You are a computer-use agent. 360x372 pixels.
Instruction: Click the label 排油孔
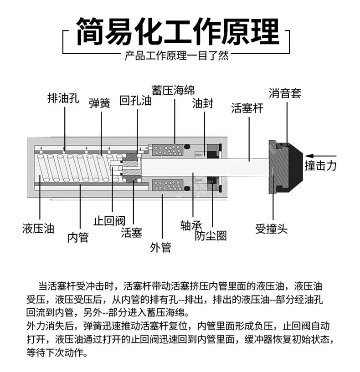point(64,98)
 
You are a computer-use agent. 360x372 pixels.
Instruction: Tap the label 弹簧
point(99,103)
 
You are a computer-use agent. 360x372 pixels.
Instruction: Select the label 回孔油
point(135,101)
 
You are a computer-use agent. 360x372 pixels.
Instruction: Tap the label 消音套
point(285,94)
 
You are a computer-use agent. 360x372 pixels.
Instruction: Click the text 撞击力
point(320,165)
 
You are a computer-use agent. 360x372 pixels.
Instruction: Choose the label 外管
point(160,247)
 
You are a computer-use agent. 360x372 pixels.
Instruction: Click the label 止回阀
point(109,221)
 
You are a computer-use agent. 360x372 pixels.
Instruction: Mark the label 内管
point(78,237)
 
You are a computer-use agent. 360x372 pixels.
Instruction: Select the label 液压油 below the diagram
point(38,228)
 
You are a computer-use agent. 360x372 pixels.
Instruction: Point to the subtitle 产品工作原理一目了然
point(177,56)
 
